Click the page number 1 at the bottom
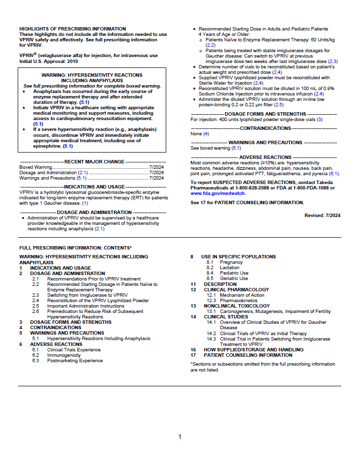click(180, 437)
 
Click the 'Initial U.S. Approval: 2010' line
click(49, 61)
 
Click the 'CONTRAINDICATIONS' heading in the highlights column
click(265, 128)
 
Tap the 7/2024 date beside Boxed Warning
click(156, 167)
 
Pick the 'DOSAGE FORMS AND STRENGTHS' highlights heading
click(265, 114)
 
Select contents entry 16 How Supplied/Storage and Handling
click(247, 349)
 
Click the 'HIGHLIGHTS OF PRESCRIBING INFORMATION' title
click(72, 29)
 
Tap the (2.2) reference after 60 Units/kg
click(210, 45)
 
